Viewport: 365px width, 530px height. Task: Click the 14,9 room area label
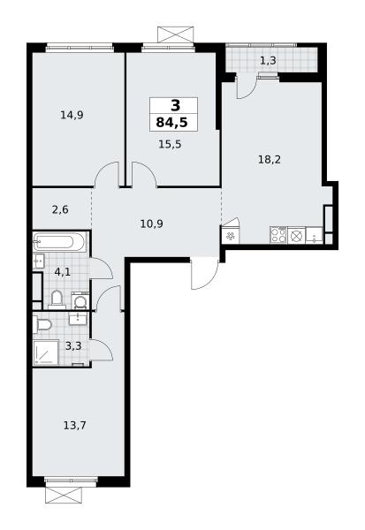tap(72, 115)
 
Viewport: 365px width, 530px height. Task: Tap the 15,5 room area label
tap(170, 144)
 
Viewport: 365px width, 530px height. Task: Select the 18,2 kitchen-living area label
tap(270, 159)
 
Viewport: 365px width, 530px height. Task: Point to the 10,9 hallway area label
tap(151, 223)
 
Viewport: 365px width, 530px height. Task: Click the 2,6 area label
tap(60, 210)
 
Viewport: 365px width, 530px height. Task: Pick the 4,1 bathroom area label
tap(62, 271)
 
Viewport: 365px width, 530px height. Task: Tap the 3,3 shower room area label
tap(73, 346)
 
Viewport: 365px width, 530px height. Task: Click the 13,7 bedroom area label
tap(75, 425)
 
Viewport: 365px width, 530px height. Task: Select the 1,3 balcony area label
tap(268, 61)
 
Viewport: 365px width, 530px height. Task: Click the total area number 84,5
tap(171, 123)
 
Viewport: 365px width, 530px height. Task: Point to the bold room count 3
tap(176, 106)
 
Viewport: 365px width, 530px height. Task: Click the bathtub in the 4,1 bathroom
tap(59, 242)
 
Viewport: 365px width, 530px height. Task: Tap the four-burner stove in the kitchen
tap(278, 235)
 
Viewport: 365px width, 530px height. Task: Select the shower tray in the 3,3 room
tap(46, 352)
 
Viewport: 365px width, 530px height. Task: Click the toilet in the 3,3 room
tap(42, 324)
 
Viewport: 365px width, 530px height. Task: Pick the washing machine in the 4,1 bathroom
tap(80, 300)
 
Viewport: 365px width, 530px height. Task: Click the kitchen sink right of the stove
tap(315, 235)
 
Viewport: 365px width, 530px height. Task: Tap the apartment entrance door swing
tap(204, 274)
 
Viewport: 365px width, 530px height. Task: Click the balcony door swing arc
tap(247, 87)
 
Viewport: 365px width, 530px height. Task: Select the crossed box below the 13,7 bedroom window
tap(64, 495)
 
